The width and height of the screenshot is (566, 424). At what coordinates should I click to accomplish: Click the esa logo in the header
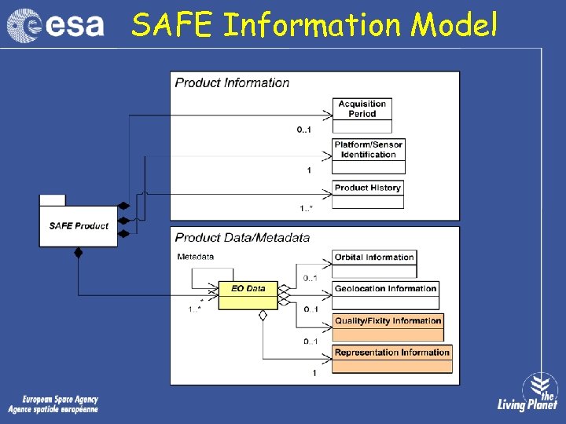pyautogui.click(x=55, y=25)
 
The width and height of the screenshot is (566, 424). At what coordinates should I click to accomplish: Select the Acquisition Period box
pyautogui.click(x=362, y=109)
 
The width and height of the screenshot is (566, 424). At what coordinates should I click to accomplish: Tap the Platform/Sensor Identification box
pyautogui.click(x=368, y=150)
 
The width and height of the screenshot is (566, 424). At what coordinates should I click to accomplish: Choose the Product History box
pyautogui.click(x=367, y=188)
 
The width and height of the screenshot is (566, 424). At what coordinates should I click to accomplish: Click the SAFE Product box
pyautogui.click(x=79, y=226)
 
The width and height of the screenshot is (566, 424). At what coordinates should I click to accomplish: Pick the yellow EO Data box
pyautogui.click(x=248, y=289)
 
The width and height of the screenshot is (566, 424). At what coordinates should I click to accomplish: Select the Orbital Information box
pyautogui.click(x=374, y=258)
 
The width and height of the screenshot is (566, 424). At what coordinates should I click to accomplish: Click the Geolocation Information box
pyautogui.click(x=385, y=289)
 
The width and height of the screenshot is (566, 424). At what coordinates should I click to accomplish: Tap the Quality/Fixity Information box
pyautogui.click(x=388, y=321)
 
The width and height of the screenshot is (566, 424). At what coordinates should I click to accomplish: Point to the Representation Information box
pyautogui.click(x=391, y=353)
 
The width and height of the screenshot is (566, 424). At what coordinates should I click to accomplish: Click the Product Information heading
pyautogui.click(x=232, y=82)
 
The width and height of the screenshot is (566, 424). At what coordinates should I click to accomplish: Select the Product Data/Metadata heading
pyautogui.click(x=242, y=237)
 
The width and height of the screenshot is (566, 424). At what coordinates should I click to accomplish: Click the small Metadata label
pyautogui.click(x=195, y=257)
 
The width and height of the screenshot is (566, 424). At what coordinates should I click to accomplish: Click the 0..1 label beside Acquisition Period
pyautogui.click(x=304, y=130)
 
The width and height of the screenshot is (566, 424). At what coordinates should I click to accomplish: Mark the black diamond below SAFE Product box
pyautogui.click(x=78, y=253)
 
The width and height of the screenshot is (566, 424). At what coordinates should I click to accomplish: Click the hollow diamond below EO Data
pyautogui.click(x=263, y=315)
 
